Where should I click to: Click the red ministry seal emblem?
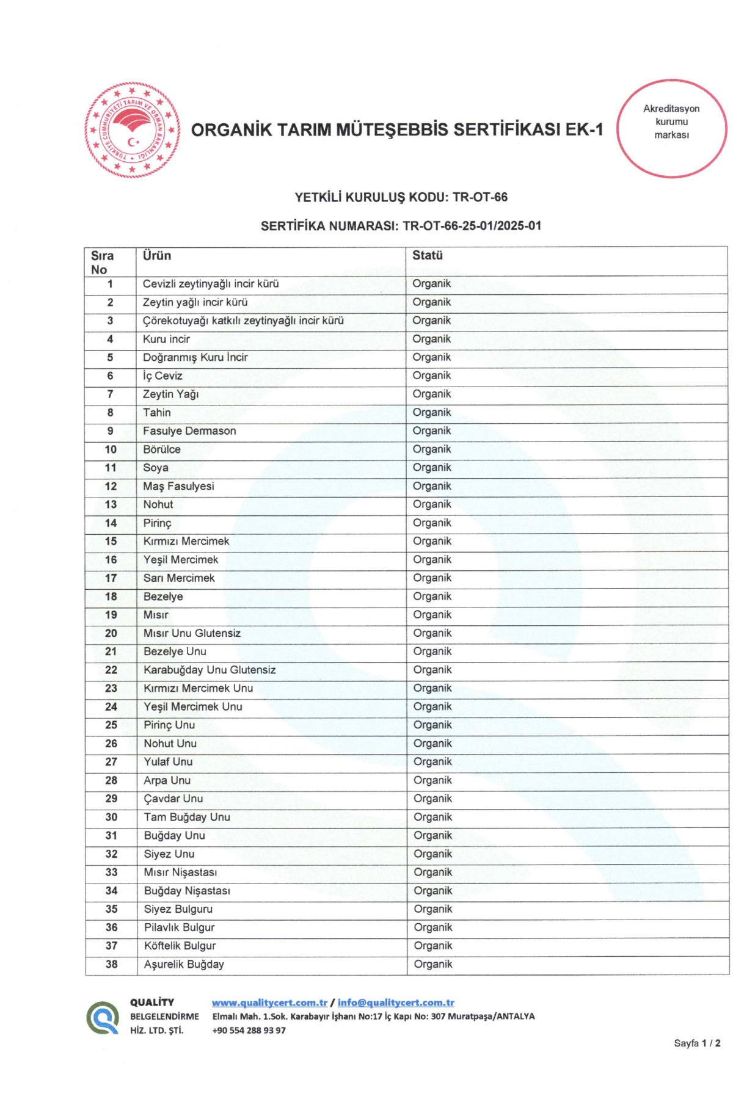coord(133,130)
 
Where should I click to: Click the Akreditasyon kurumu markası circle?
coord(671,128)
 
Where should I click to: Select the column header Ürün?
coord(157,256)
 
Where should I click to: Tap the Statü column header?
coord(427,255)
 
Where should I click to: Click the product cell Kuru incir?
coord(166,339)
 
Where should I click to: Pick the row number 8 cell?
coord(111,413)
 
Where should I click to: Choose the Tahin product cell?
coord(157,413)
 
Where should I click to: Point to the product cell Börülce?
coord(162,449)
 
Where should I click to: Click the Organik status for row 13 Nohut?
coord(432,504)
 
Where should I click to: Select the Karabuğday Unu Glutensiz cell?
coord(210,670)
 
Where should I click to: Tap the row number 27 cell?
coord(111,762)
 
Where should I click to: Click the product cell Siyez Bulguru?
coord(178,909)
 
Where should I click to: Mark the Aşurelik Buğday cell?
coord(184,965)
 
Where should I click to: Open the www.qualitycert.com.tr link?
coord(269,1003)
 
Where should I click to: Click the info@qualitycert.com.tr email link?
coord(396,1003)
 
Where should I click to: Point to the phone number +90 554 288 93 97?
coord(249,1030)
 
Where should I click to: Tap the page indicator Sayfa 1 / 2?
coord(697,1043)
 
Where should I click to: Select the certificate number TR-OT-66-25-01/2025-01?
coord(472,226)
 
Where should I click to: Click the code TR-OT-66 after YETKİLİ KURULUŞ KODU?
coord(480,197)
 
